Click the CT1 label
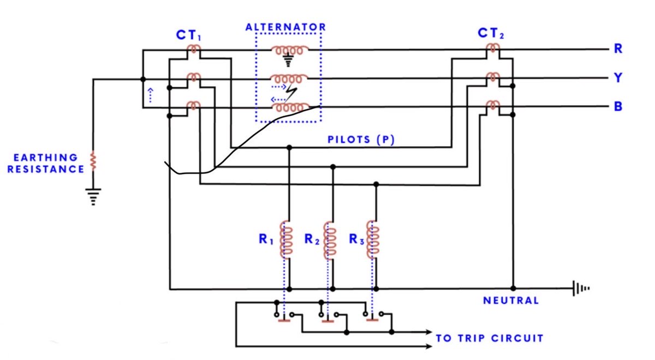[x=189, y=35]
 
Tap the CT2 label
[x=491, y=33]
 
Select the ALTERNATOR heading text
[x=285, y=27]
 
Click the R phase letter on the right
[x=618, y=49]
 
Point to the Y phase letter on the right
[x=618, y=77]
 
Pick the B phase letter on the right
[x=618, y=106]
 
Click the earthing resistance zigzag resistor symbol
[x=93, y=160]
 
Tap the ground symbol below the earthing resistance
[x=93, y=197]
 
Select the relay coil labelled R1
[x=286, y=239]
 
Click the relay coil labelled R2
[x=330, y=240]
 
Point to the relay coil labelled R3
[x=373, y=239]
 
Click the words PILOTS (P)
[x=361, y=140]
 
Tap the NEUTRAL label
[x=511, y=301]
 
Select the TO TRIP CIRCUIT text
[x=490, y=338]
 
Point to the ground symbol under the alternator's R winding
[x=288, y=60]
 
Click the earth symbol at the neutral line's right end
[x=581, y=289]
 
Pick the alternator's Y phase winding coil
[x=289, y=79]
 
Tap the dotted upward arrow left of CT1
[x=150, y=95]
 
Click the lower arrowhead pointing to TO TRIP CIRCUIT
[x=429, y=346]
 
